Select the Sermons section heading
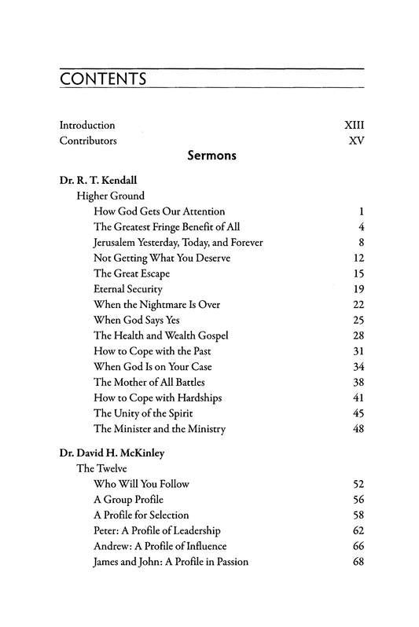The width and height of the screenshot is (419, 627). pyautogui.click(x=212, y=156)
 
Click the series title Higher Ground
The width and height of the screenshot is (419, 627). pyautogui.click(x=110, y=196)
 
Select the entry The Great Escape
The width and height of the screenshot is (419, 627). pyautogui.click(x=131, y=273)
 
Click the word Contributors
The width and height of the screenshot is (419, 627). pyautogui.click(x=88, y=141)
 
